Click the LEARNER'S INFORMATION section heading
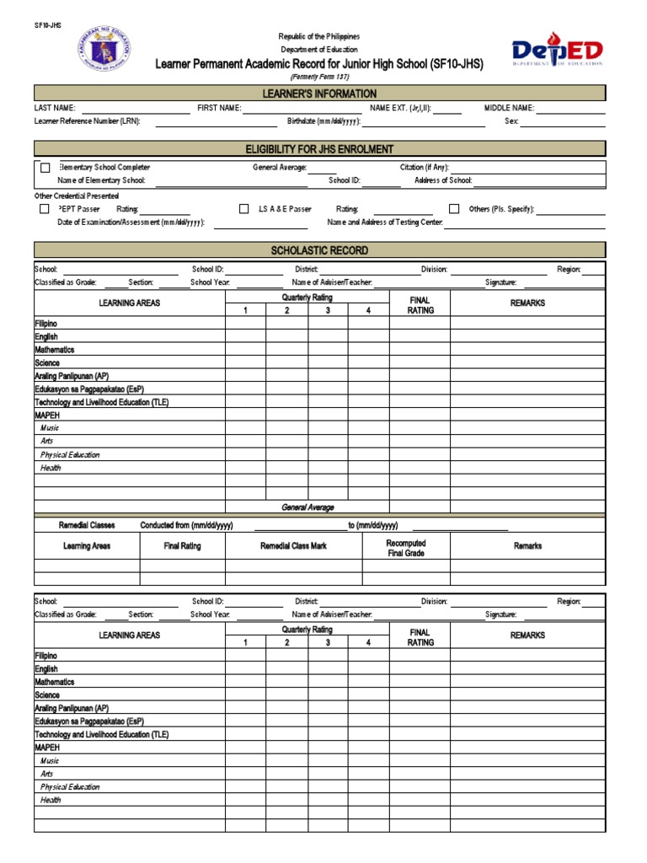point(319,94)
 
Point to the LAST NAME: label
point(55,109)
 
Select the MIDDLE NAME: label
point(509,109)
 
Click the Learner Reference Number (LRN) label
point(87,121)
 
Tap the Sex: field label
point(511,121)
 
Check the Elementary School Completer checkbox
point(45,168)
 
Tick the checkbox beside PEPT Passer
point(44,208)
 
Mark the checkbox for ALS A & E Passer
point(243,208)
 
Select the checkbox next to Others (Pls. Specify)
point(454,208)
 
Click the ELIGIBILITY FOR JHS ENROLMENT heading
point(319,149)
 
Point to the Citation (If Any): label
point(425,168)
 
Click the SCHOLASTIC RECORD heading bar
point(319,250)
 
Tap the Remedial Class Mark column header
point(293,546)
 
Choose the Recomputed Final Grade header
point(406,549)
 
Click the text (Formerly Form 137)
point(319,77)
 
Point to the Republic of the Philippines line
point(319,37)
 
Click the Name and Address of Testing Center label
point(384,223)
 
